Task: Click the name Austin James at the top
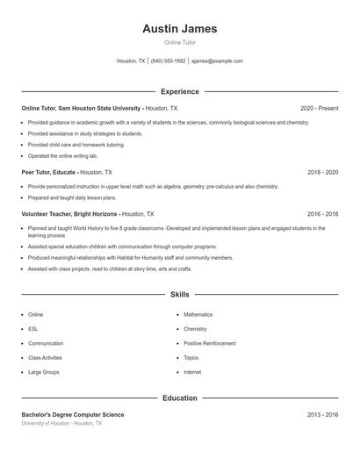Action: tap(179, 29)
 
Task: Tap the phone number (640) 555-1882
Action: tap(168, 61)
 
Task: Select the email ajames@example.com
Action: tap(217, 61)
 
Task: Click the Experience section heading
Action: tap(179, 91)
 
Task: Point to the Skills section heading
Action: tap(179, 295)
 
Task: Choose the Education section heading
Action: tap(179, 398)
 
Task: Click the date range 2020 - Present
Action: tap(319, 108)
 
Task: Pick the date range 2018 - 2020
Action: tap(322, 173)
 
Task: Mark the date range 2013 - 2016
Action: tap(322, 414)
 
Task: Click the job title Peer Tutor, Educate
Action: tap(50, 173)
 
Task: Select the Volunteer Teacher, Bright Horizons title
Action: tap(69, 213)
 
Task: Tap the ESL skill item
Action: tap(33, 329)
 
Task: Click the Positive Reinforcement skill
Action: tap(210, 344)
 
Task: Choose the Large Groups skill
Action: tap(43, 373)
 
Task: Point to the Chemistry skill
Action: tap(195, 329)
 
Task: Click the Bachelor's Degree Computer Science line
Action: tap(73, 414)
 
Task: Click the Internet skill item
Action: tap(192, 373)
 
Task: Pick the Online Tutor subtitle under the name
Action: tap(179, 43)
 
